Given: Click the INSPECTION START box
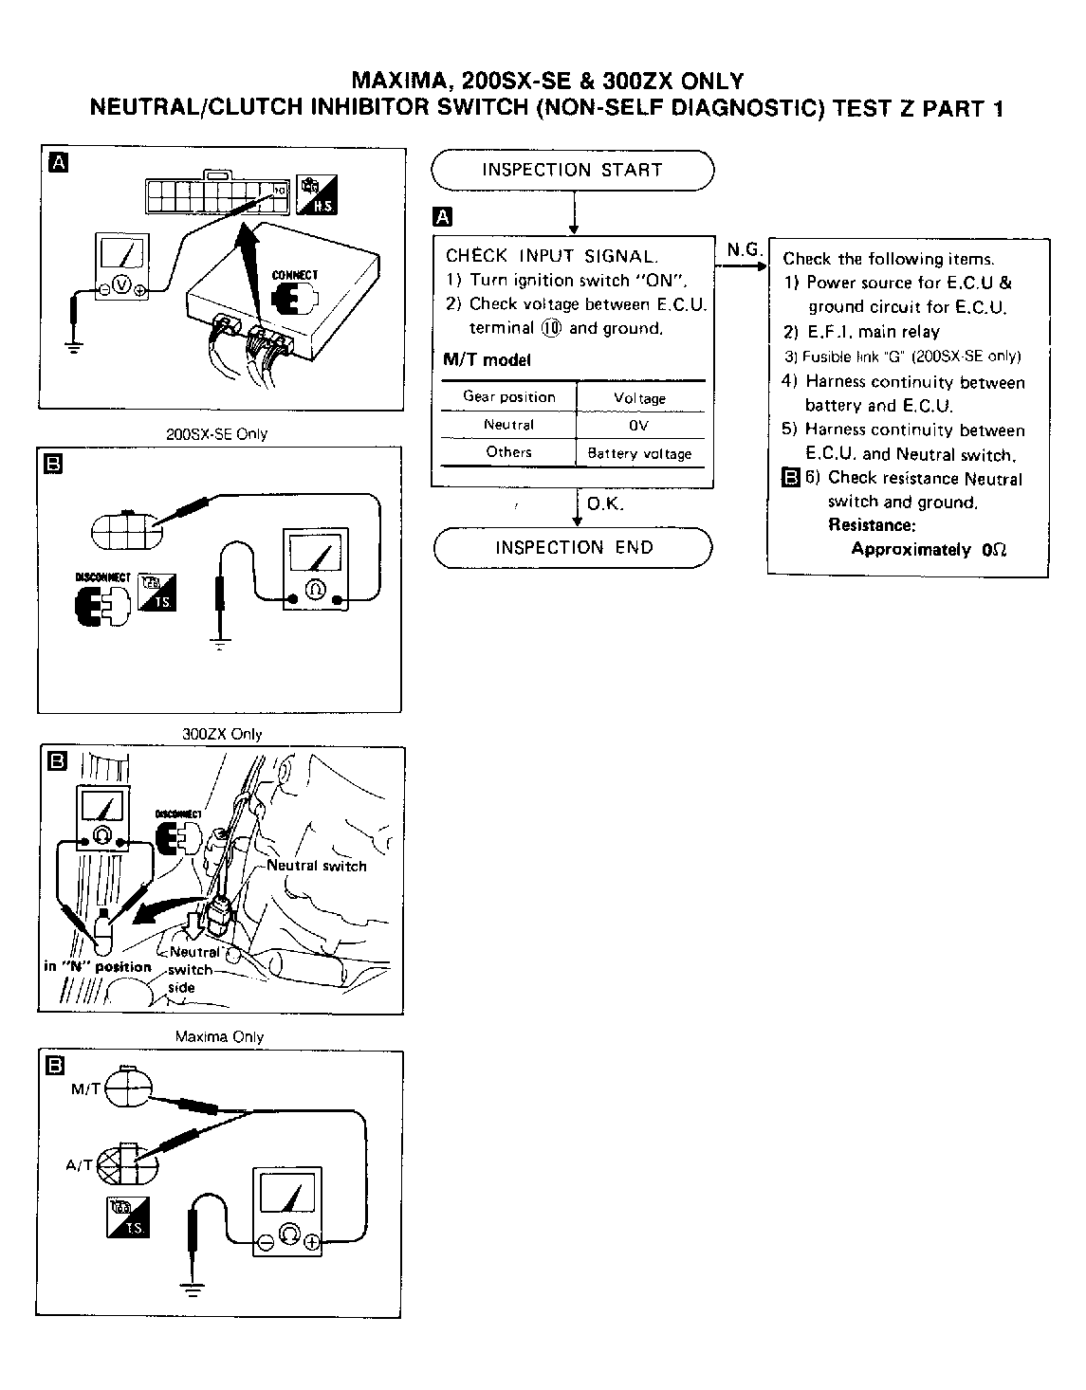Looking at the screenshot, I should pyautogui.click(x=572, y=171).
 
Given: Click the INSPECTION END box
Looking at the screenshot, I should pyautogui.click(x=573, y=548).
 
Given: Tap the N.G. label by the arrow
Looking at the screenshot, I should pyautogui.click(x=744, y=250).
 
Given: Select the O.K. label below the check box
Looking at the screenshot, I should pyautogui.click(x=605, y=504).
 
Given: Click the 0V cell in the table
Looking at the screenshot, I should pyautogui.click(x=639, y=426).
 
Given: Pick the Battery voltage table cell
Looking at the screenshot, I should pyautogui.click(x=639, y=453).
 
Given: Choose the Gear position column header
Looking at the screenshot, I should pyautogui.click(x=508, y=397).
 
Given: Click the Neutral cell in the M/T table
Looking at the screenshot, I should pyautogui.click(x=508, y=425).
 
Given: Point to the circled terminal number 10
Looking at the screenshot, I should pyautogui.click(x=551, y=328).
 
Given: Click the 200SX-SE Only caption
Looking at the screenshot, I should pyautogui.click(x=217, y=434).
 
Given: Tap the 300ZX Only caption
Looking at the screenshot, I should pyautogui.click(x=222, y=734).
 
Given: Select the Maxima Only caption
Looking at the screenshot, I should pyautogui.click(x=219, y=1037).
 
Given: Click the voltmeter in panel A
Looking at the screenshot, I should pyautogui.click(x=120, y=269).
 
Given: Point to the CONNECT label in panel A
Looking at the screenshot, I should pyautogui.click(x=295, y=275).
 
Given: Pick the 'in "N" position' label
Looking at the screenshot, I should pyautogui.click(x=98, y=967).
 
